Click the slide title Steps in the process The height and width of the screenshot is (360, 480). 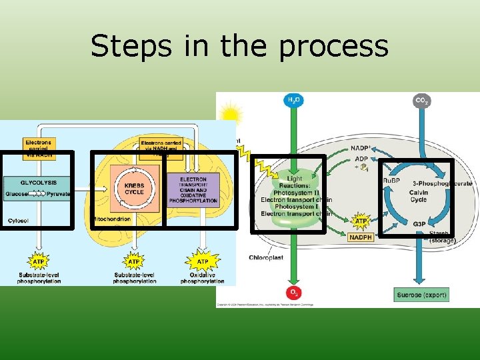(x=239, y=46)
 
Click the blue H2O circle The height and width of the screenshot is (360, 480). (x=293, y=101)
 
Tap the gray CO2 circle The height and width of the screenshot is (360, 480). (x=421, y=101)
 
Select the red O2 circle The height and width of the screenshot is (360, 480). (x=293, y=293)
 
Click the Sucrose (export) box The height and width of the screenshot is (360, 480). (x=421, y=295)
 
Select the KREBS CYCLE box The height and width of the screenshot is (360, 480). (x=134, y=189)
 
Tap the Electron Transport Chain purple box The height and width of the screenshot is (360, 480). (x=193, y=189)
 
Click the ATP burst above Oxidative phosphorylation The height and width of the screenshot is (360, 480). (x=202, y=261)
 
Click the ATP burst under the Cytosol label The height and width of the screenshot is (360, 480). (x=39, y=261)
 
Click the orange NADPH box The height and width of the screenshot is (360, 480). (x=361, y=237)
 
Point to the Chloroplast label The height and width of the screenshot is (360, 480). (x=266, y=257)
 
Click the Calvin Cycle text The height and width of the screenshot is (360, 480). (x=419, y=195)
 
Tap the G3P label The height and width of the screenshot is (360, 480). (x=419, y=224)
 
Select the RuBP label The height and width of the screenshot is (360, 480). (x=391, y=181)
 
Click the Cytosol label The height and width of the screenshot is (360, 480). (x=18, y=221)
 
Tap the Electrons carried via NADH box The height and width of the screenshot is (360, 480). (x=38, y=147)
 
